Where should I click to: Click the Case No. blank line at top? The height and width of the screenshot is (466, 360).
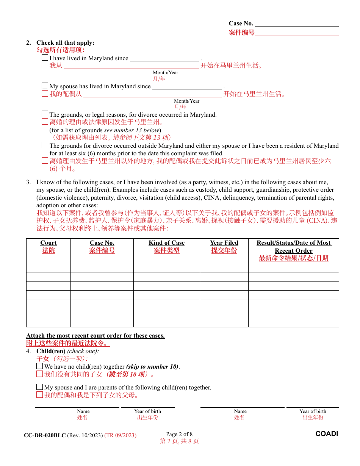click(297, 23)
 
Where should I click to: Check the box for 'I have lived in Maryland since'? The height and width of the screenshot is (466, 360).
click(45, 58)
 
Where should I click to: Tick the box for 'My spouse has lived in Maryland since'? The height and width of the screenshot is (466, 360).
click(45, 86)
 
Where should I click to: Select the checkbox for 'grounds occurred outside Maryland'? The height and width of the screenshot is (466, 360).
click(45, 145)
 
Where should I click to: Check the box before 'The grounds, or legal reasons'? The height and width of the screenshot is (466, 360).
click(45, 114)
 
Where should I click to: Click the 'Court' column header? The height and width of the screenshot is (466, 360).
click(49, 243)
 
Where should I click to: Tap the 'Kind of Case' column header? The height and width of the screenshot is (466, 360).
click(166, 243)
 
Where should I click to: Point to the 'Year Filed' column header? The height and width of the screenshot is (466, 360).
click(224, 243)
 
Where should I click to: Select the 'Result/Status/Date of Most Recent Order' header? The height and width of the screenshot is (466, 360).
click(294, 247)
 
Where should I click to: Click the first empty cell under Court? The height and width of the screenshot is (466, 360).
click(49, 268)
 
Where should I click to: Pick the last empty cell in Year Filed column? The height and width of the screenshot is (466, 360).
click(224, 322)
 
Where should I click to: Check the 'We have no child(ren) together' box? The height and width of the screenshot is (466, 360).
click(40, 366)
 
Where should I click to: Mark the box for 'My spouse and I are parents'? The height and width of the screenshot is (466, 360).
click(40, 387)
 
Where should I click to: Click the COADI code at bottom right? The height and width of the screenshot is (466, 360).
click(327, 434)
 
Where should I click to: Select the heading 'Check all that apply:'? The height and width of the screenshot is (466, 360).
click(65, 43)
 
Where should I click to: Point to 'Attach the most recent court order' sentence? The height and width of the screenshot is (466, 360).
click(95, 336)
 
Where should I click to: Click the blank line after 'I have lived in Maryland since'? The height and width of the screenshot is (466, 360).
click(164, 58)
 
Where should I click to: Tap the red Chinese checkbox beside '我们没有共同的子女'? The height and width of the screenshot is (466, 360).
click(40, 374)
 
